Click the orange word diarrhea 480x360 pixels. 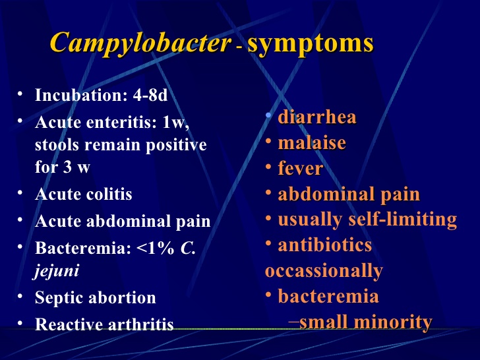317,117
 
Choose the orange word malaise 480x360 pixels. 312,142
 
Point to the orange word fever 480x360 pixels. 301,168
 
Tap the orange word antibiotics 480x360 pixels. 325,245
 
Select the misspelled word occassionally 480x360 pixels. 324,270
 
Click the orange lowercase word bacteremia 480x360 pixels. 328,296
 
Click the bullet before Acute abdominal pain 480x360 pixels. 22,221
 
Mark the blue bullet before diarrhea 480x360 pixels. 268,116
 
